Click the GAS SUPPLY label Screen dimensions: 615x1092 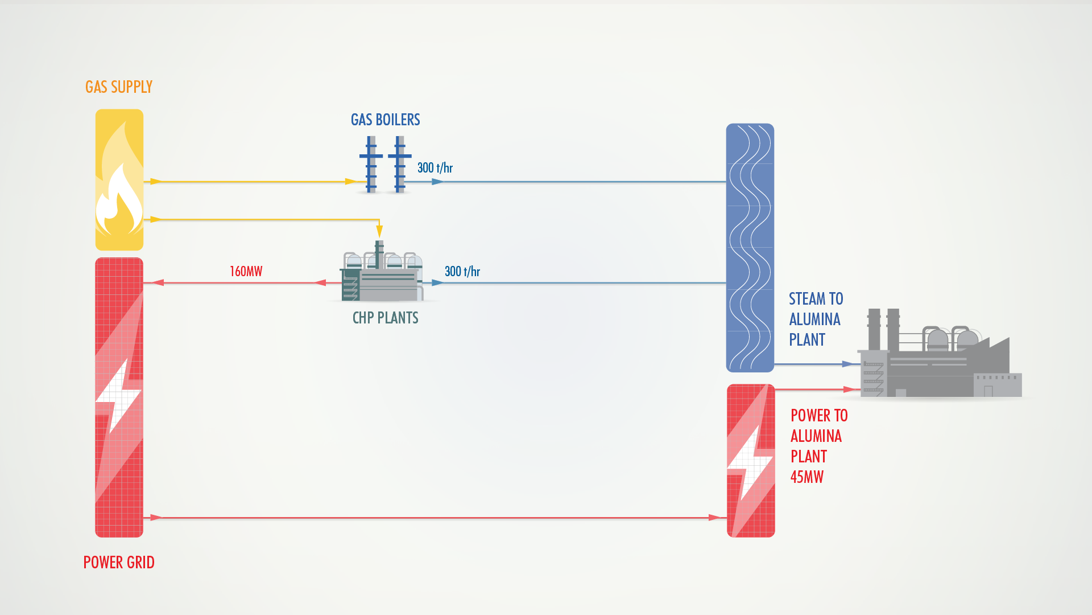[119, 87]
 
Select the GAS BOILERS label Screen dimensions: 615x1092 [385, 120]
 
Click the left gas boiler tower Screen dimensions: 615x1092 [371, 164]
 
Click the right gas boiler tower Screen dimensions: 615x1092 [400, 164]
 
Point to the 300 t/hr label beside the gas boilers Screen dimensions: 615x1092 [435, 168]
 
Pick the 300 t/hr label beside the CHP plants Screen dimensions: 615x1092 [462, 272]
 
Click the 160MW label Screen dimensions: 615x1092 [246, 272]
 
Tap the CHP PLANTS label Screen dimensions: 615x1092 [385, 318]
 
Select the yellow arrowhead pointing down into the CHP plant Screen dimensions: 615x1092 [379, 231]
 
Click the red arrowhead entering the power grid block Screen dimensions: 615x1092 [157, 282]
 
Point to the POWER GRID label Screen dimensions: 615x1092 [119, 563]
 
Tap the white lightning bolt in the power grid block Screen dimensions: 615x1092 [118, 399]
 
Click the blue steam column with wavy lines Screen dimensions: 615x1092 [750, 248]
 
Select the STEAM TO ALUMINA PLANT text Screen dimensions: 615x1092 [815, 319]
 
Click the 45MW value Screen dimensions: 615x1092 [806, 477]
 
